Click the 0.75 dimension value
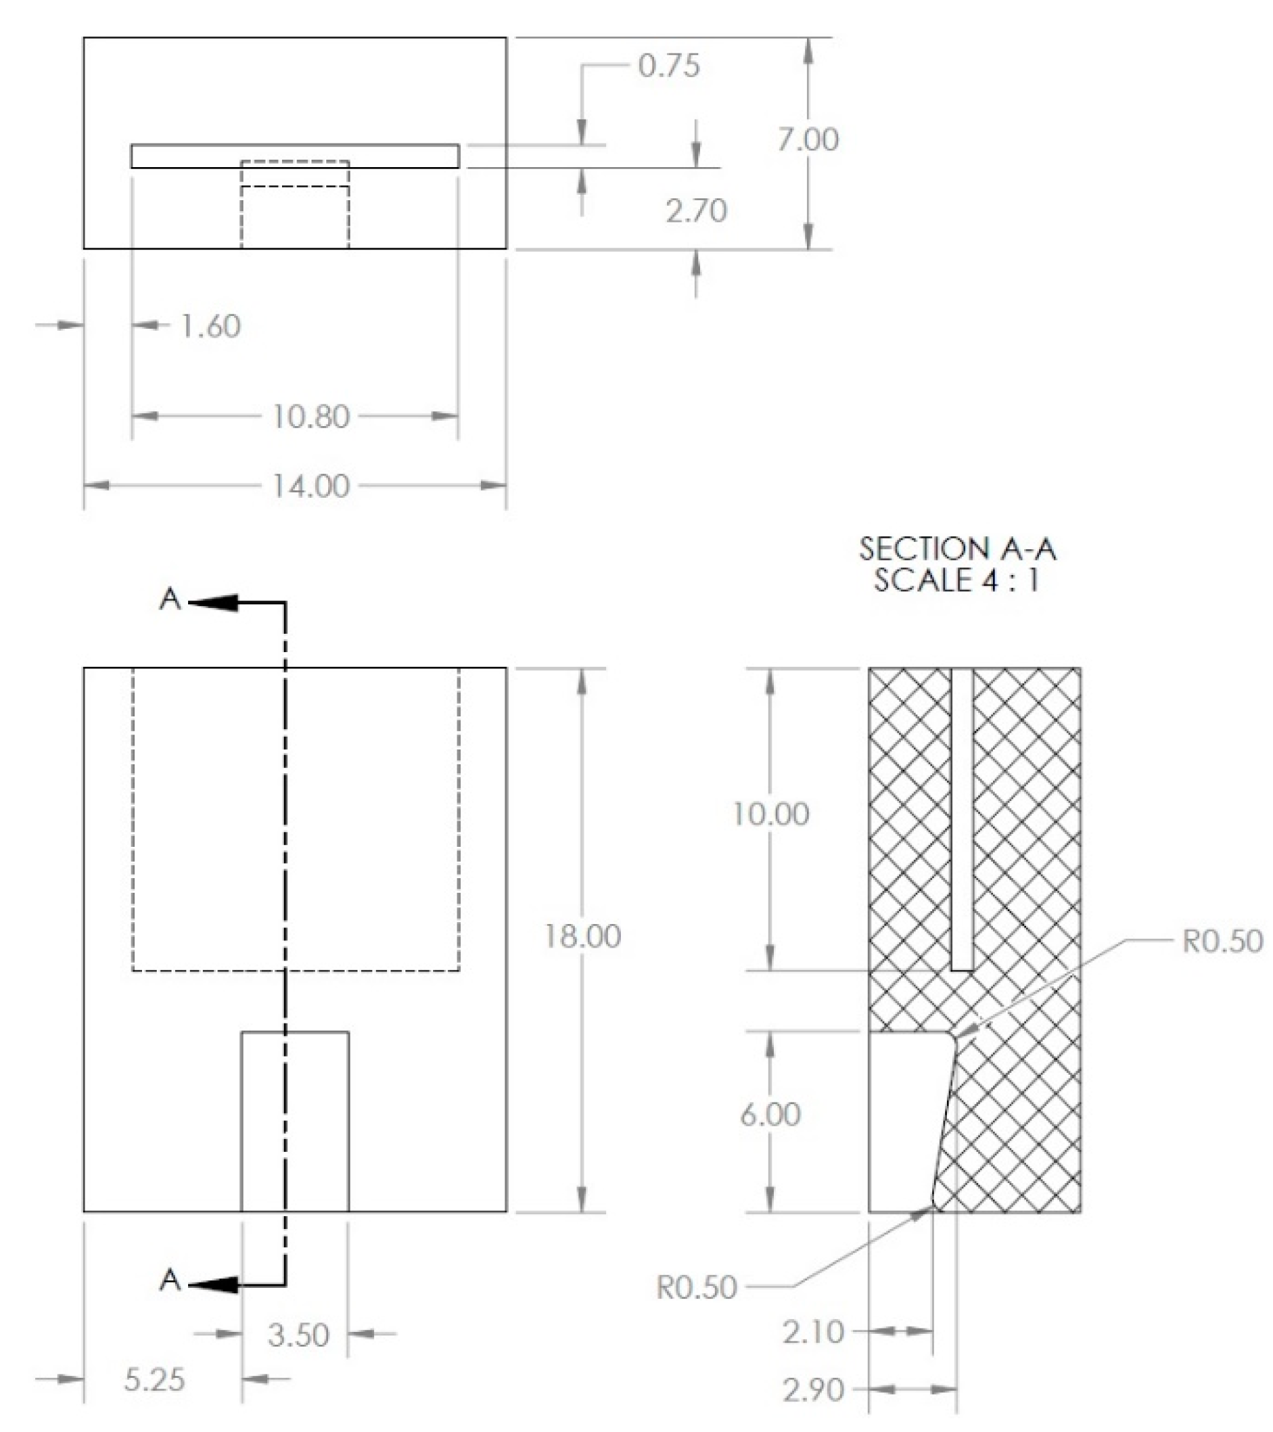[x=668, y=66]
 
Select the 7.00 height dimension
[x=808, y=140]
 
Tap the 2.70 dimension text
[x=696, y=211]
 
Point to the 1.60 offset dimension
[x=210, y=327]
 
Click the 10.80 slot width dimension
[x=310, y=417]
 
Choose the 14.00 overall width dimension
[x=310, y=486]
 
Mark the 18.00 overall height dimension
[x=582, y=937]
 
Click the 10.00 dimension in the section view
[x=770, y=814]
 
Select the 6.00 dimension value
[x=770, y=1115]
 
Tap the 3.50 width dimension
[x=298, y=1335]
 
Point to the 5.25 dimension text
[x=154, y=1380]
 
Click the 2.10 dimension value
[x=812, y=1332]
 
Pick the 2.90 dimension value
[x=812, y=1390]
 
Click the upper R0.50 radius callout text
[x=1222, y=942]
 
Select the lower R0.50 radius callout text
[x=697, y=1288]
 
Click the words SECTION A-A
[x=957, y=549]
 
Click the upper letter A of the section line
[x=170, y=600]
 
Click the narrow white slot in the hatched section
[x=963, y=820]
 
